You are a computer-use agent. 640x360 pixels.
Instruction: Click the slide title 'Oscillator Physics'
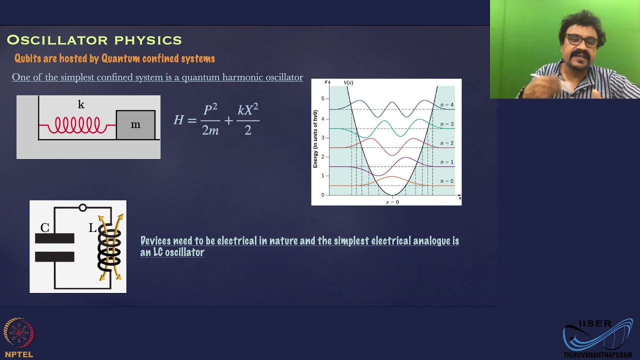94,40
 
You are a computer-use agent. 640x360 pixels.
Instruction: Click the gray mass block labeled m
135,124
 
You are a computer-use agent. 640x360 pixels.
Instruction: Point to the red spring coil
77,124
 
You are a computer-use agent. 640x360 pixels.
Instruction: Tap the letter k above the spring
81,104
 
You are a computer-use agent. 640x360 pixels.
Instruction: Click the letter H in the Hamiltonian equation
178,120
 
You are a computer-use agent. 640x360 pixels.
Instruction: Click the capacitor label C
45,228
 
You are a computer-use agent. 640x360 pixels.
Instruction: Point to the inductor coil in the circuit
109,246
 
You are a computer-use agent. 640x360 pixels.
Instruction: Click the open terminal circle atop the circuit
82,207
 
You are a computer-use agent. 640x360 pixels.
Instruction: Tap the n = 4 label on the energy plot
446,105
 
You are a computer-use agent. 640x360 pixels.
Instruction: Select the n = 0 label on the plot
446,181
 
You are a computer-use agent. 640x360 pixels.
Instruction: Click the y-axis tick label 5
322,98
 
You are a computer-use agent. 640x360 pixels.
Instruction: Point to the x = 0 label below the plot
392,202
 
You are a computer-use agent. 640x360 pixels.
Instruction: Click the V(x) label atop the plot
348,82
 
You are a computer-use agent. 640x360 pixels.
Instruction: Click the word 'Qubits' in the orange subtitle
27,58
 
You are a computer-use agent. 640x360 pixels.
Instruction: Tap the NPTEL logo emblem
19,332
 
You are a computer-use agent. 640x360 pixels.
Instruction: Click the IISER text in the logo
595,324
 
